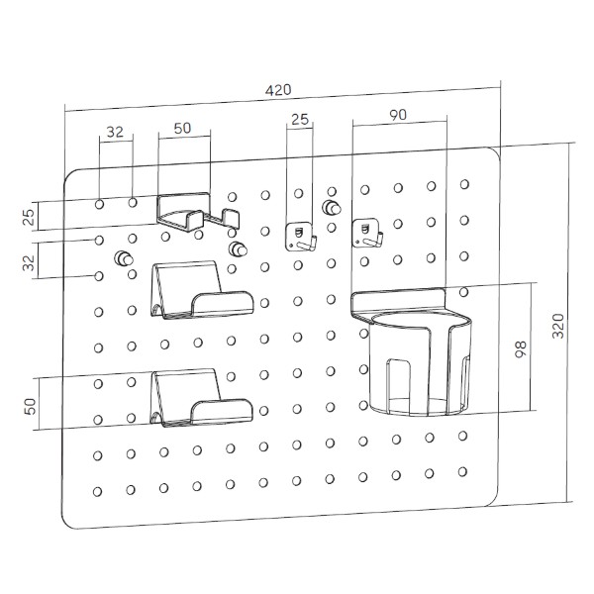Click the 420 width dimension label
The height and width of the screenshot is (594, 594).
point(278,90)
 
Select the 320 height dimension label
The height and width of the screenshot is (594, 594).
point(558,326)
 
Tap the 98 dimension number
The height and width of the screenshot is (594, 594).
point(521,348)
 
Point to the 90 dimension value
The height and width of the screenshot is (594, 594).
point(398,115)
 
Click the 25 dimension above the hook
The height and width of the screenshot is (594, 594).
point(300,120)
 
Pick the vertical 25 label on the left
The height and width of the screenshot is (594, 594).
point(29,217)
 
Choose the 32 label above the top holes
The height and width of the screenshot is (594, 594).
point(115,132)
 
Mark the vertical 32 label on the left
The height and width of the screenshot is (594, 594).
point(29,262)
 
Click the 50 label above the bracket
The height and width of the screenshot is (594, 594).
point(182,129)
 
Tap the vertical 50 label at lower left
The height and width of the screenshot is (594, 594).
point(31,406)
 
